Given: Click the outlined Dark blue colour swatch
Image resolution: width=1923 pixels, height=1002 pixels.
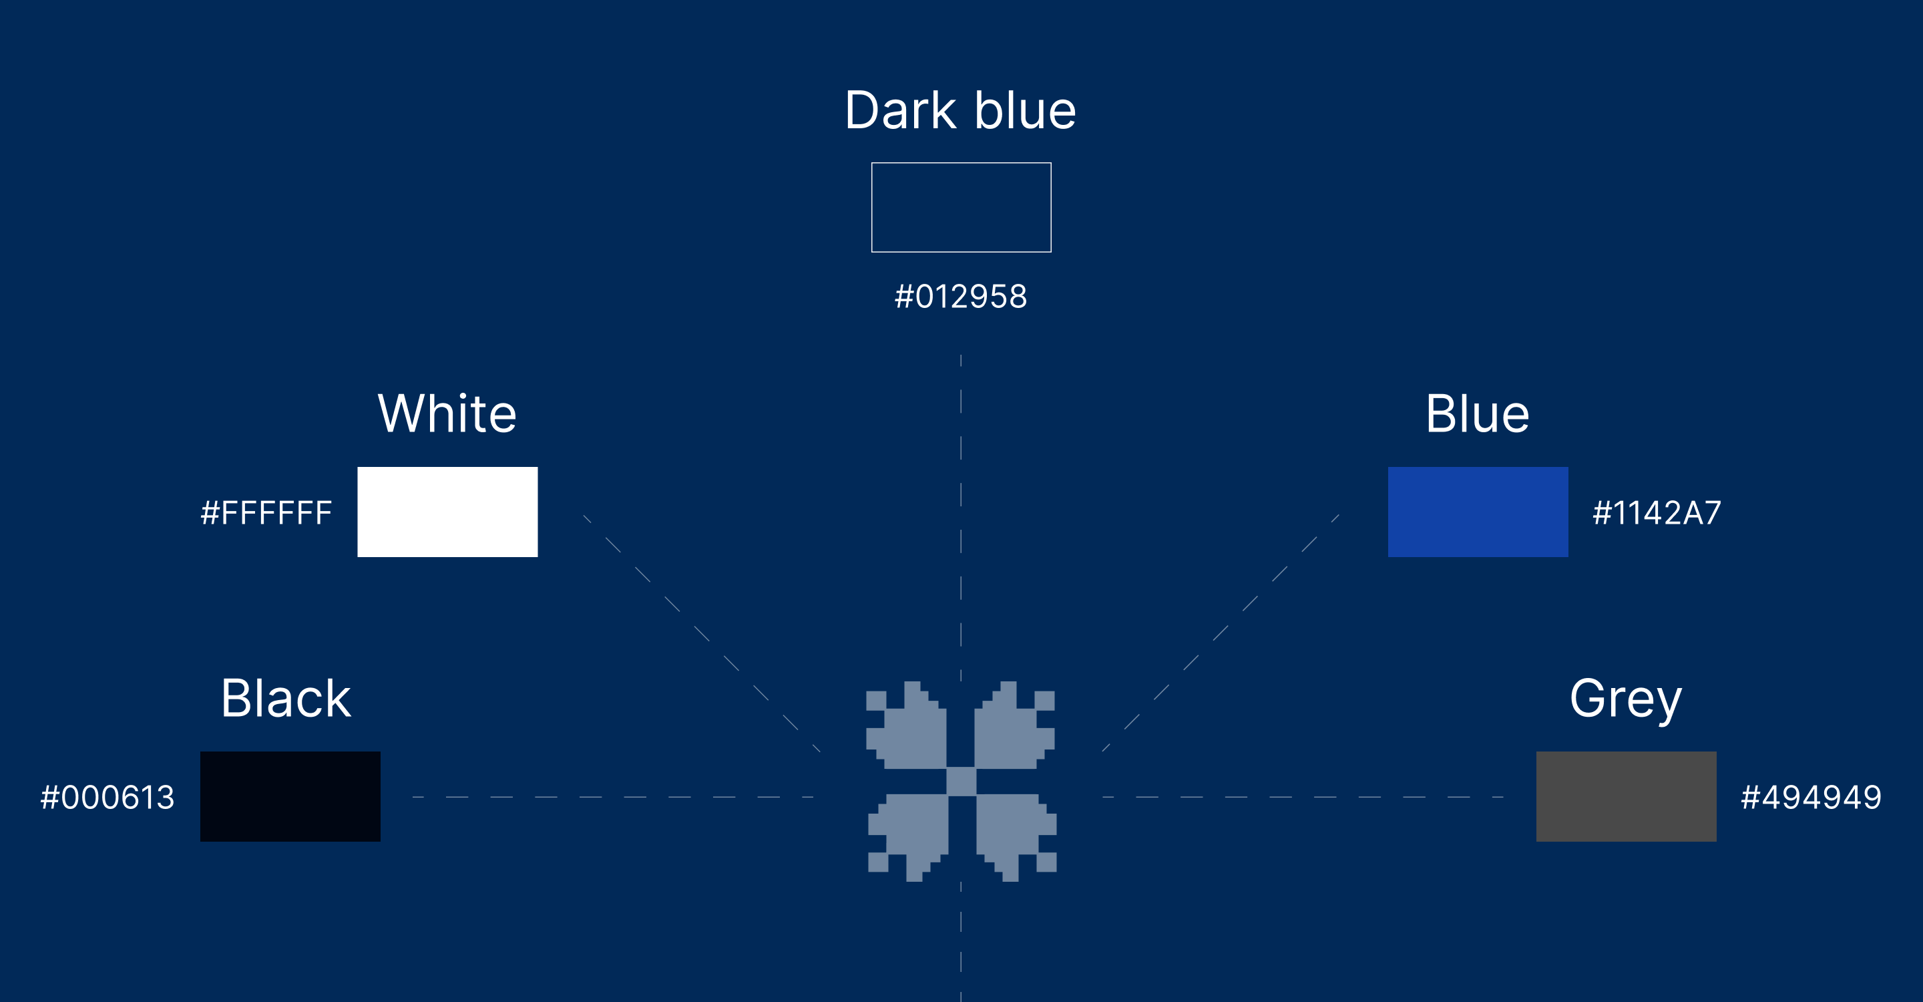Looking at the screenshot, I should pyautogui.click(x=961, y=207).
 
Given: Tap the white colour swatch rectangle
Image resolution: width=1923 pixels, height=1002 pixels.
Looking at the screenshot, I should pyautogui.click(x=447, y=512).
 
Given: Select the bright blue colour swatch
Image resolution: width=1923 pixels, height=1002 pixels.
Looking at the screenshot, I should pyautogui.click(x=1478, y=512).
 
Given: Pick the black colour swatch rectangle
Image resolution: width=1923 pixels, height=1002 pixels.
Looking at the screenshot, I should pyautogui.click(x=290, y=796).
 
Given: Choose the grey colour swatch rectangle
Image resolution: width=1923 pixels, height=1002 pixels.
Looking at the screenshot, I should pyautogui.click(x=1626, y=796).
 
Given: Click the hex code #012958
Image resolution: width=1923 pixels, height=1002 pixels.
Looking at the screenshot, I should pyautogui.click(x=961, y=297).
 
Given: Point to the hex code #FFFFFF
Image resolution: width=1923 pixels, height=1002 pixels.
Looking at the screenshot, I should pyautogui.click(x=266, y=513).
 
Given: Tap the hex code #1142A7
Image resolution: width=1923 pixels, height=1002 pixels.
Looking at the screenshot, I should pyautogui.click(x=1657, y=513).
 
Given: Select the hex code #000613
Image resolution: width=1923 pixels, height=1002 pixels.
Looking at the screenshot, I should pyautogui.click(x=108, y=798).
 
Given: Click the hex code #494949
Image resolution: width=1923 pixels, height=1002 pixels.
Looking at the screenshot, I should pyautogui.click(x=1811, y=798).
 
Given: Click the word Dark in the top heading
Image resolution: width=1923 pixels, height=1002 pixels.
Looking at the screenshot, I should pyautogui.click(x=900, y=110).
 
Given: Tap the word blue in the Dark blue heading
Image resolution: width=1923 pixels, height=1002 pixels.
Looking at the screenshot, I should pyautogui.click(x=1025, y=110).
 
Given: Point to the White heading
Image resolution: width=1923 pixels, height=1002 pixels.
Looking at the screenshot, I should pyautogui.click(x=447, y=413).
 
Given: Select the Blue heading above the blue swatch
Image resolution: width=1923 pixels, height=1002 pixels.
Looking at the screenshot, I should pyautogui.click(x=1478, y=413).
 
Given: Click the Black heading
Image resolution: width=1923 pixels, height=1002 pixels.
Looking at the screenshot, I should pyautogui.click(x=285, y=699).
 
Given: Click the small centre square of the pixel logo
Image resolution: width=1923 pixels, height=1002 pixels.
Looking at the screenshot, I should pyautogui.click(x=961, y=781).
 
